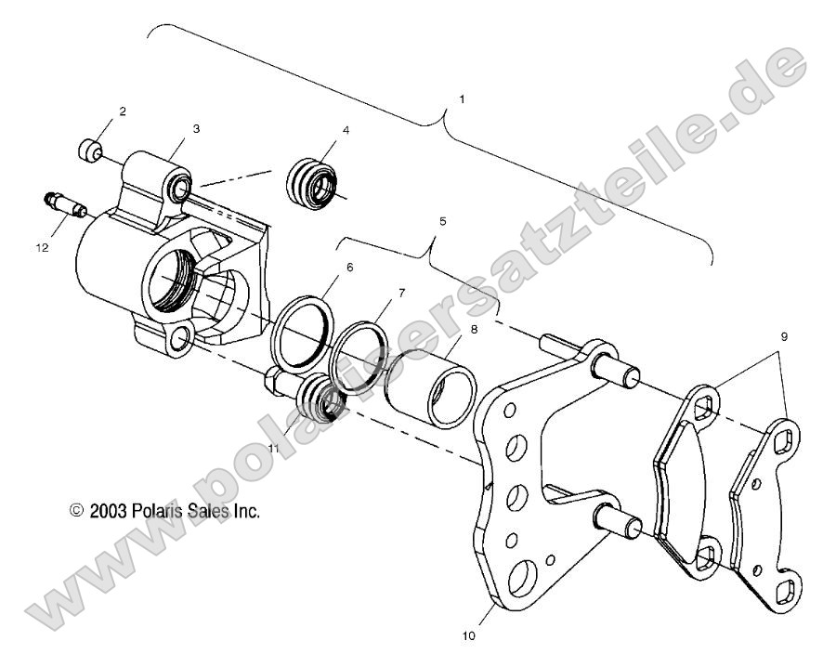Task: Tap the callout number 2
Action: tap(122, 111)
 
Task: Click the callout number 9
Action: tap(785, 337)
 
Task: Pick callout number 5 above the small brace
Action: tap(442, 222)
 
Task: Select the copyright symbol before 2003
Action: tap(77, 510)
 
